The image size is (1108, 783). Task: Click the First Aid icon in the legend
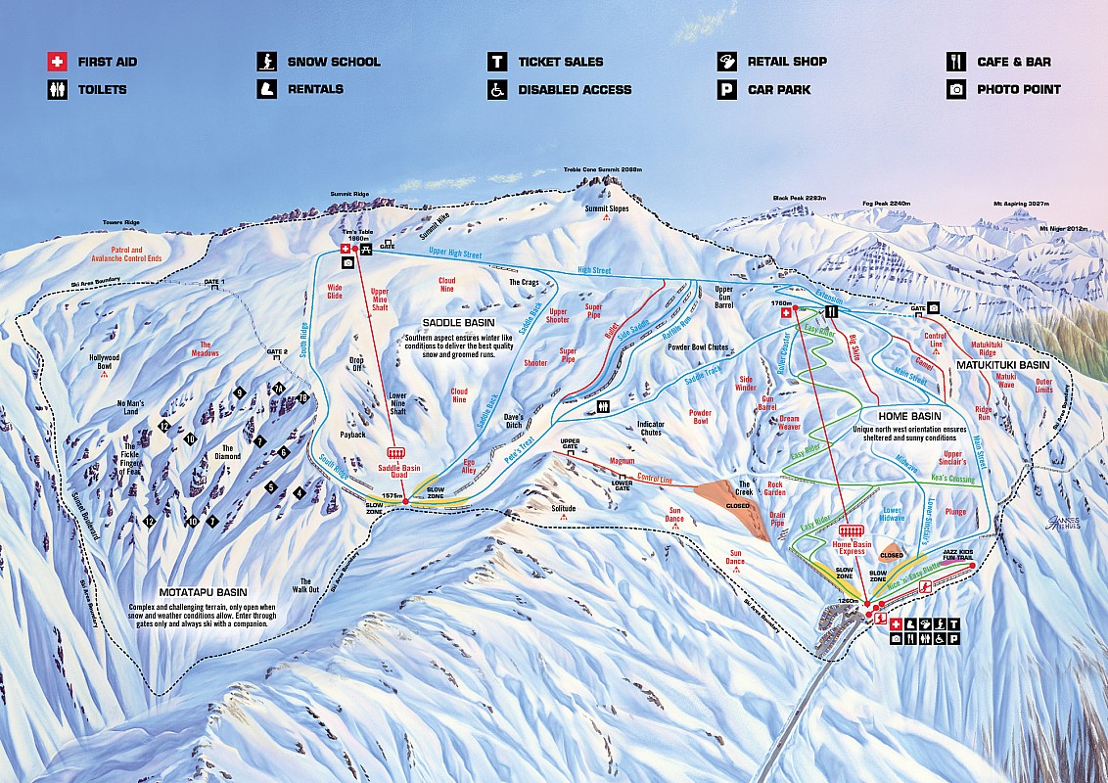pyautogui.click(x=58, y=62)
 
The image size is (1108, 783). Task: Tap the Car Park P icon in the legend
pyautogui.click(x=726, y=89)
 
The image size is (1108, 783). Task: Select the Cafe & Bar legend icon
pyautogui.click(x=956, y=62)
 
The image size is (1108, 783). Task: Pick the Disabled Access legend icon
pyautogui.click(x=497, y=89)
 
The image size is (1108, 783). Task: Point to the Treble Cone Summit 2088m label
pyautogui.click(x=603, y=169)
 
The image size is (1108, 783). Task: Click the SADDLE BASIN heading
pyautogui.click(x=458, y=322)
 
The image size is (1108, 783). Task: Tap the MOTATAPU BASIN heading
pyautogui.click(x=203, y=592)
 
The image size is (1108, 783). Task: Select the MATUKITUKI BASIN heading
pyautogui.click(x=1008, y=364)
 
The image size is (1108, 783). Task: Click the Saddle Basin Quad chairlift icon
pyautogui.click(x=396, y=452)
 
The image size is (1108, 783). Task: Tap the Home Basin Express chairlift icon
pyautogui.click(x=848, y=530)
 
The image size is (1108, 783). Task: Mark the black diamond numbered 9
pyautogui.click(x=239, y=392)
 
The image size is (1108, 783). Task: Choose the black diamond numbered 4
pyautogui.click(x=298, y=492)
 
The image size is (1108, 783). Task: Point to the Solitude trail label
pyautogui.click(x=564, y=508)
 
